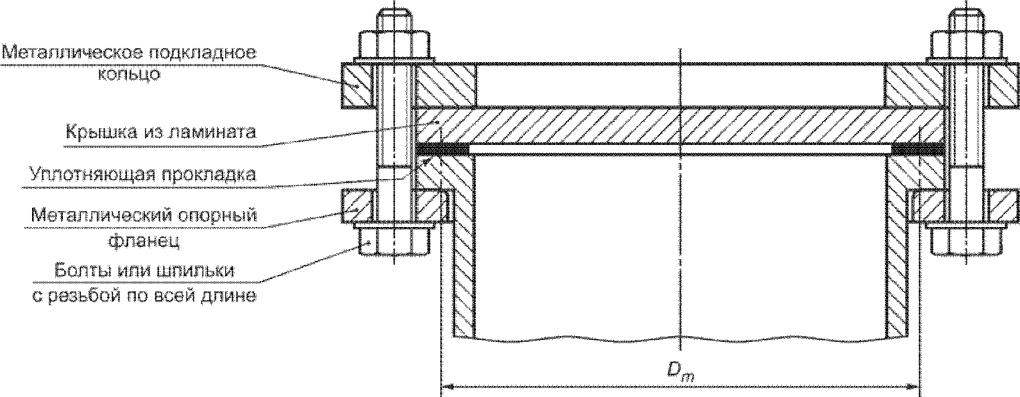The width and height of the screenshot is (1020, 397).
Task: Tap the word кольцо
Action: coord(130,74)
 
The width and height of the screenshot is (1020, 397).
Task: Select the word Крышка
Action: coord(101,132)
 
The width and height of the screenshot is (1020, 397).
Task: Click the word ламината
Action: coord(212,133)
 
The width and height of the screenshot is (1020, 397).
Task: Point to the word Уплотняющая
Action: coord(89,175)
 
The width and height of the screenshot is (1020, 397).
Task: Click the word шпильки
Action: coord(196,271)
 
